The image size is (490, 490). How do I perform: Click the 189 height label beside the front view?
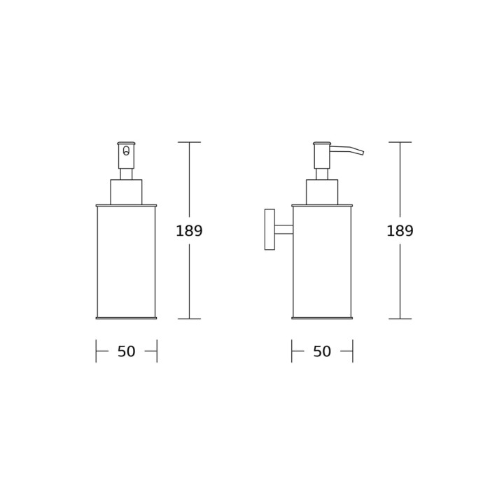click(189, 231)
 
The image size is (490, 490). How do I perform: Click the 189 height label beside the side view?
click(400, 231)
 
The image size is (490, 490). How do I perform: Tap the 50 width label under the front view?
click(126, 351)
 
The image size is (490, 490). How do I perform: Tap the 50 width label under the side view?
click(322, 351)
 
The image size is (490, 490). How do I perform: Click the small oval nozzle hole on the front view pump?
click(126, 150)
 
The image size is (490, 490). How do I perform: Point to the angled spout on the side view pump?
click(347, 150)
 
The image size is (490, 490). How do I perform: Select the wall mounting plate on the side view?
click(269, 230)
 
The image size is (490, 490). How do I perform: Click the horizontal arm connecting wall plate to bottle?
click(283, 230)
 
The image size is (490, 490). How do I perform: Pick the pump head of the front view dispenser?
click(126, 155)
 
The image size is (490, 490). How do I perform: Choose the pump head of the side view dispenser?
click(322, 155)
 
